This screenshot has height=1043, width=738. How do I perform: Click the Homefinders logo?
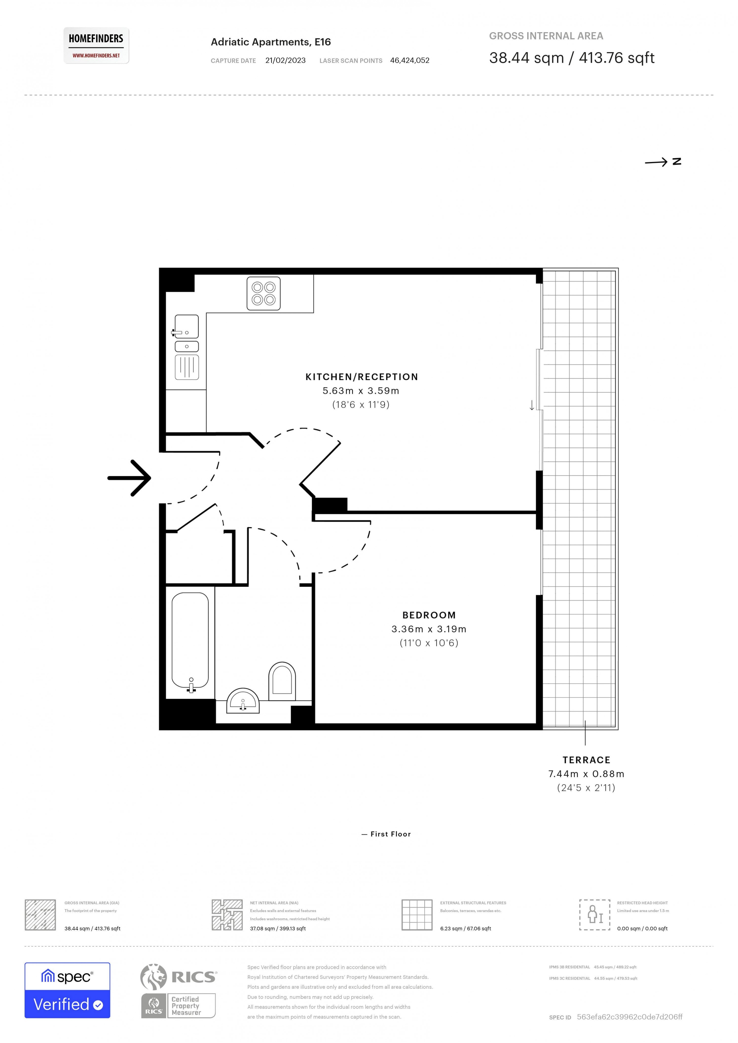(x=96, y=45)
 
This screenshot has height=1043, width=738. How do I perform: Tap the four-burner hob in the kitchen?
(x=264, y=294)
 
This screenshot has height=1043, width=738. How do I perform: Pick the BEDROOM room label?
(x=429, y=615)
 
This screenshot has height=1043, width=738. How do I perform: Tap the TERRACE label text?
(x=586, y=760)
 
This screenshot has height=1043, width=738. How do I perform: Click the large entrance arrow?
(x=130, y=478)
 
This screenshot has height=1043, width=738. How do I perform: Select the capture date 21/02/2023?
(x=285, y=61)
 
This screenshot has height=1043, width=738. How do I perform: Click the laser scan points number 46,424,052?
(x=410, y=61)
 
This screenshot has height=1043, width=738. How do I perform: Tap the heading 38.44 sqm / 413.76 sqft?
(x=572, y=58)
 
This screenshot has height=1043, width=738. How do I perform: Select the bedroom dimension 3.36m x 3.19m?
(x=429, y=629)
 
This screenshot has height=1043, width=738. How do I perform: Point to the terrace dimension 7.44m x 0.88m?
(x=586, y=774)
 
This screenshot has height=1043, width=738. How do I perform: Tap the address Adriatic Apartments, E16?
(x=271, y=42)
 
